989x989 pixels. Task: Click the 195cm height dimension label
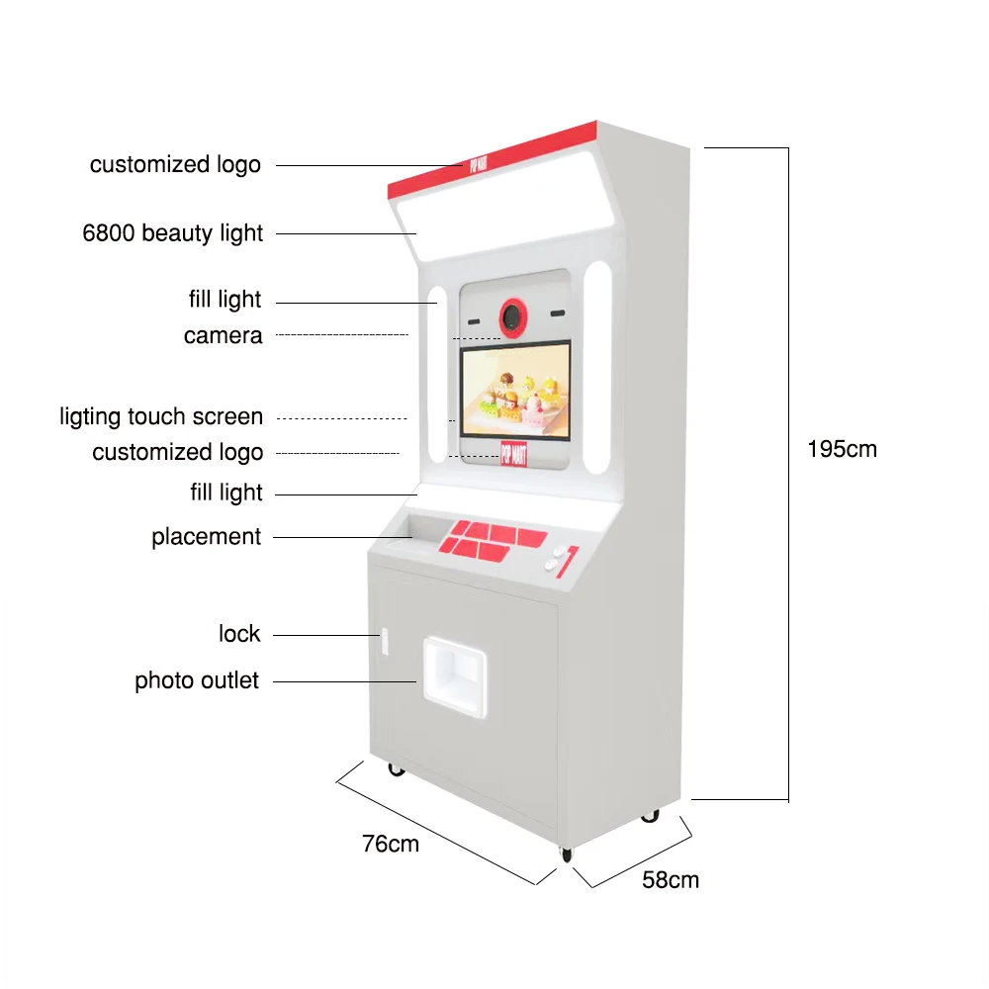(x=842, y=449)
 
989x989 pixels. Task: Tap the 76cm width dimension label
(x=390, y=844)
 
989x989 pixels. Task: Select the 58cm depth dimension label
(x=670, y=879)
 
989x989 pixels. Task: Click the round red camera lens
(x=512, y=315)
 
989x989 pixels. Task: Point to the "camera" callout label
(x=223, y=336)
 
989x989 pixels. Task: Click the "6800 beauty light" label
(x=173, y=233)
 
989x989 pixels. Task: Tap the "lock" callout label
(x=239, y=634)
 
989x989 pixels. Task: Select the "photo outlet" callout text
(x=197, y=681)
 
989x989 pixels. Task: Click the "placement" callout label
(x=206, y=537)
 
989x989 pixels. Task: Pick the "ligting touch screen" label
(x=161, y=417)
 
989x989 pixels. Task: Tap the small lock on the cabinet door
(x=381, y=641)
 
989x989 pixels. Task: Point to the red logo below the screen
(x=513, y=453)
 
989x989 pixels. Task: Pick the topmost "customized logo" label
(x=175, y=164)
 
